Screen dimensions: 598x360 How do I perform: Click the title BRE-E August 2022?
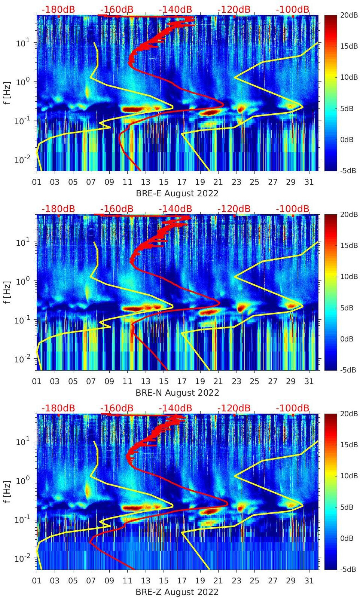coord(177,193)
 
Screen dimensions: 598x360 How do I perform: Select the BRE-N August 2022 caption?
coord(177,393)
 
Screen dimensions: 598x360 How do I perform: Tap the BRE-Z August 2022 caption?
coord(177,592)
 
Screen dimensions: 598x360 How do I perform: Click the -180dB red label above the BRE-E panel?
coord(58,9)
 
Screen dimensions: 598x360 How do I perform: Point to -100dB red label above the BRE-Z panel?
coord(293,408)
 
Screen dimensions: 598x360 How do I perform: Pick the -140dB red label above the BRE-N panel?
coord(175,209)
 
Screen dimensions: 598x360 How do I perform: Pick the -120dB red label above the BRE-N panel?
coord(234,209)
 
